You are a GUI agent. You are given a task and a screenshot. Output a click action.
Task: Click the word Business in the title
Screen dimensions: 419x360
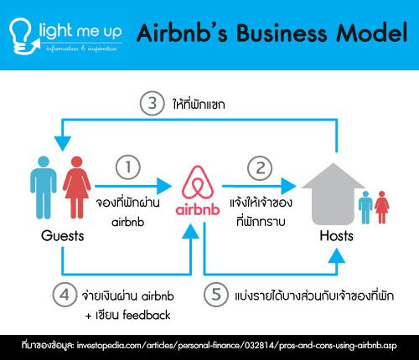point(282,33)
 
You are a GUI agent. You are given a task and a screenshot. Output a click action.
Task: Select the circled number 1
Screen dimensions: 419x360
point(128,167)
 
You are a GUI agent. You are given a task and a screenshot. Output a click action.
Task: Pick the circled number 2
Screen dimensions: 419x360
point(260,168)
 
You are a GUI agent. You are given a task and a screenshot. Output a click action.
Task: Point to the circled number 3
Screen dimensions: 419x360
point(152,103)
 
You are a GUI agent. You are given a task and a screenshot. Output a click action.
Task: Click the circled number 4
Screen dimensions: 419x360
point(65,295)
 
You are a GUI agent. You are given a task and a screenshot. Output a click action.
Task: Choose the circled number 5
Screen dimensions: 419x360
point(216,295)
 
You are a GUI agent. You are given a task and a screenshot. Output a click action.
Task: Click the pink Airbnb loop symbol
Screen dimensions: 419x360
point(198,183)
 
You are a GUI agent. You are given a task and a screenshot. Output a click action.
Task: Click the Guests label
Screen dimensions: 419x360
point(63,236)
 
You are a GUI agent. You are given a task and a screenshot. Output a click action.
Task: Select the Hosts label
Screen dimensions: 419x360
point(336,236)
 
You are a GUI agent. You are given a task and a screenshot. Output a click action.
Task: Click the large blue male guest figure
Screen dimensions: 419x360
point(44,188)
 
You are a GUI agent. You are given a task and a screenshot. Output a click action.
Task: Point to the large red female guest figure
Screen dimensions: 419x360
point(77,188)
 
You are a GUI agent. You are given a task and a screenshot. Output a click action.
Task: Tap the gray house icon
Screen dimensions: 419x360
point(333,194)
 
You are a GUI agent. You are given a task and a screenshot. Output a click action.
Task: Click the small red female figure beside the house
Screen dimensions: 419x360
point(382,208)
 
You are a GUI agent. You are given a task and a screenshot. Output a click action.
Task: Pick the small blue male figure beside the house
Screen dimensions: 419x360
point(365,208)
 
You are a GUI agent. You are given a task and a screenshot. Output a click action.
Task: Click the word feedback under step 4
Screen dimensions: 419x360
point(147,315)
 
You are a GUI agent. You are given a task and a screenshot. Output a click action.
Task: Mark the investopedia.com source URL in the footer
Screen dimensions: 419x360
point(236,346)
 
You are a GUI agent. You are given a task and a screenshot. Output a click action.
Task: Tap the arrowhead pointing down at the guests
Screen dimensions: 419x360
point(63,144)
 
